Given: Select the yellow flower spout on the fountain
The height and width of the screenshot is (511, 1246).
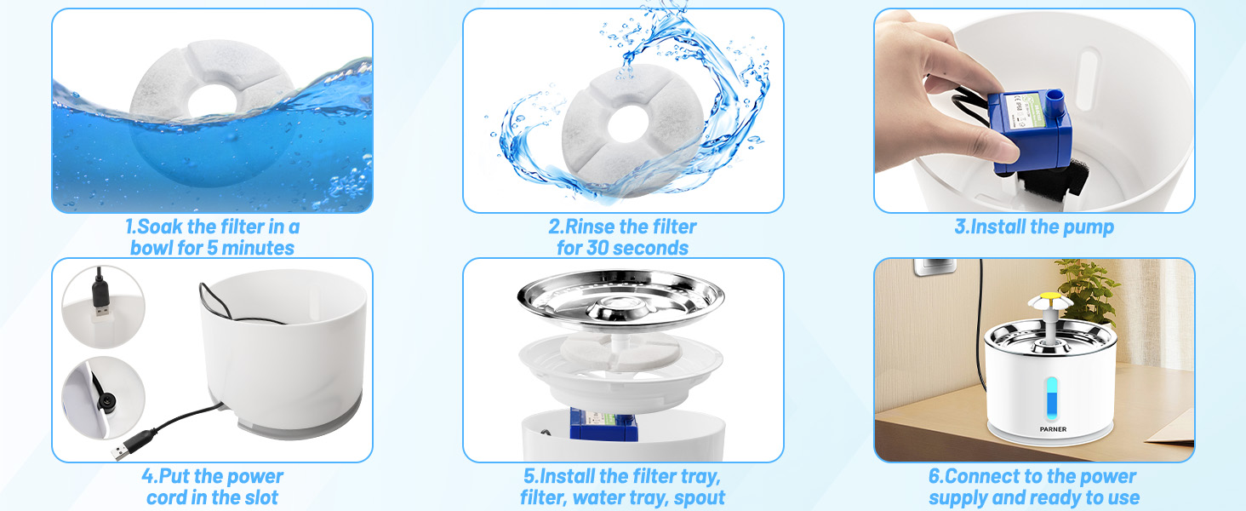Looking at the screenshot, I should click(1042, 302).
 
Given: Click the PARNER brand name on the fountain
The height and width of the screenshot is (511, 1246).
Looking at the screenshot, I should click(1052, 429).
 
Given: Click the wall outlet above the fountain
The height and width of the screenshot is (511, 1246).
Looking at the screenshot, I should click(931, 272).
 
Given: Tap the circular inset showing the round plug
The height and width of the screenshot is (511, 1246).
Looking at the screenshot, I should click(103, 396).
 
